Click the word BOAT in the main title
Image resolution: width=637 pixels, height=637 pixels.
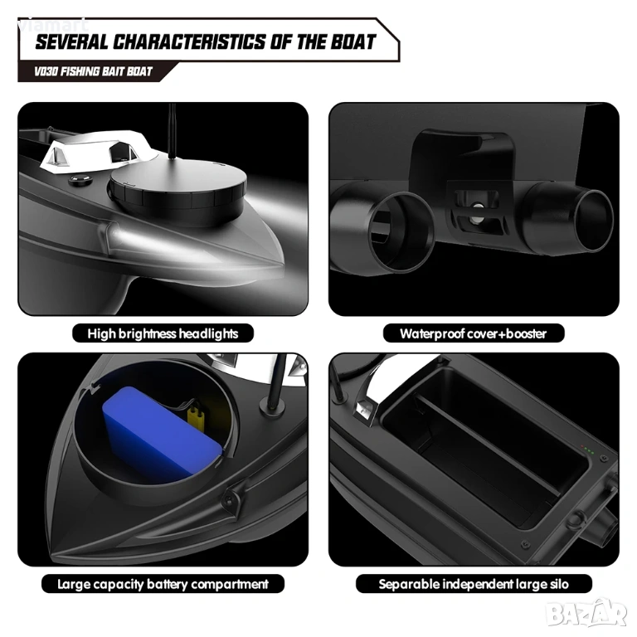coord(353,41)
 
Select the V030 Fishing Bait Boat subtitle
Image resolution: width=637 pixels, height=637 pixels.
coord(93,71)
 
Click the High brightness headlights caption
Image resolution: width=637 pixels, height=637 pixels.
coord(163,333)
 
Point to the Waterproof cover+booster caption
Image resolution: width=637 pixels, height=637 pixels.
coord(474,333)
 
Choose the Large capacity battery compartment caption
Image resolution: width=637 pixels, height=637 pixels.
coord(163,584)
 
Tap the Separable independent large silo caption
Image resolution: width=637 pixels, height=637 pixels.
coord(474,584)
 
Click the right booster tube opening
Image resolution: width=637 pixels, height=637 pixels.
coord(594,221)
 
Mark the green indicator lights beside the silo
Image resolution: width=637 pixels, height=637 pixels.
coord(587,450)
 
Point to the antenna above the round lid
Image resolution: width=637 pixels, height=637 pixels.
coord(173,131)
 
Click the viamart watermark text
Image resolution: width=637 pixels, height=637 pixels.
coord(53,26)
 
